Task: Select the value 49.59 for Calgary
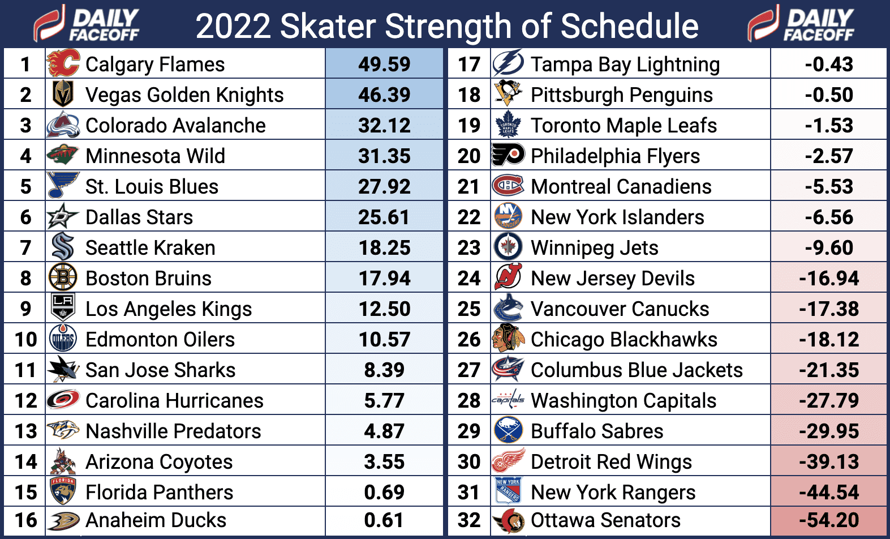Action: click(384, 64)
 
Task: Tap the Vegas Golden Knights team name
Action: click(184, 95)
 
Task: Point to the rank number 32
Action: click(469, 520)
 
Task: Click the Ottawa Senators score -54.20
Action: click(829, 520)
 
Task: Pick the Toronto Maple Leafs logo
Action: click(508, 125)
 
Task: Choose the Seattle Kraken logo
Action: click(62, 247)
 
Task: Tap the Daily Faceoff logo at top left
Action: click(86, 24)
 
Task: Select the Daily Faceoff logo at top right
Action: click(801, 24)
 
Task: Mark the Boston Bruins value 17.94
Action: click(384, 279)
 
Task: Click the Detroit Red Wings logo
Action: click(508, 461)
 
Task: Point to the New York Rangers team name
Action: click(613, 493)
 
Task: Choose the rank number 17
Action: click(469, 65)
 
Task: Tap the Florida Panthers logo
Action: click(62, 491)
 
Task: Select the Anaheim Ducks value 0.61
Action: click(384, 520)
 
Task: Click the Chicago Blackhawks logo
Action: click(508, 339)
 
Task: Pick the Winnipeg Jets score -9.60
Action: click(829, 248)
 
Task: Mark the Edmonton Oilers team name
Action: click(160, 340)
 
